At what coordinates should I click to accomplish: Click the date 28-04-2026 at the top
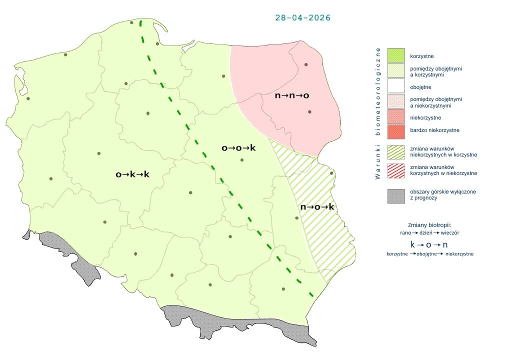[x=302, y=17]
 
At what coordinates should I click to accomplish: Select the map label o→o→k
[x=238, y=147]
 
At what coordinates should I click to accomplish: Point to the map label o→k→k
[x=132, y=174]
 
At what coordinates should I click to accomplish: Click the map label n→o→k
[x=317, y=206]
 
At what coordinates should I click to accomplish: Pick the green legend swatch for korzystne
[x=395, y=55]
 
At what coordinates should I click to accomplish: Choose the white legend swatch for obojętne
[x=395, y=87]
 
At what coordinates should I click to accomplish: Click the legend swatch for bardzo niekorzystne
[x=395, y=130]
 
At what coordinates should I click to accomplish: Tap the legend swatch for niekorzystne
[x=395, y=117]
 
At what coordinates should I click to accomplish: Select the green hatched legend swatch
[x=395, y=151]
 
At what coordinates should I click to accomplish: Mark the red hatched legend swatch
[x=395, y=170]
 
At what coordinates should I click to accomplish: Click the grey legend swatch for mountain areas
[x=395, y=195]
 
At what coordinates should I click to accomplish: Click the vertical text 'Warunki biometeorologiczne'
[x=378, y=113]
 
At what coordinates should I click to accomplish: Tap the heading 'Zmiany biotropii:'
[x=429, y=224]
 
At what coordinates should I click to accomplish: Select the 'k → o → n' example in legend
[x=429, y=244]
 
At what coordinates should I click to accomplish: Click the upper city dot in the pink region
[x=306, y=64]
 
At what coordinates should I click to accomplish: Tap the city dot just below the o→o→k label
[x=242, y=160]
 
